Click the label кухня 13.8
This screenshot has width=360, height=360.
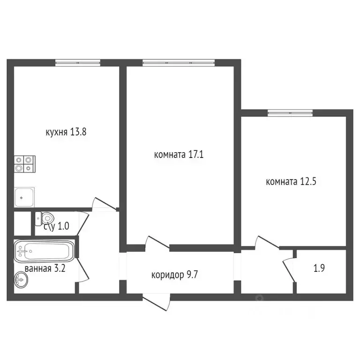(x=66, y=132)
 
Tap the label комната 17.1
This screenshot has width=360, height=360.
(x=179, y=154)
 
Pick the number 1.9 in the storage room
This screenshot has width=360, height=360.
(x=320, y=269)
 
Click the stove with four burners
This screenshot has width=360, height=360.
(x=24, y=165)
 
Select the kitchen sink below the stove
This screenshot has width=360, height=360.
(x=24, y=197)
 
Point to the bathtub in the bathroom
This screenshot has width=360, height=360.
(x=43, y=251)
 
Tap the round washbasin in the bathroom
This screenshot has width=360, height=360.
(x=21, y=280)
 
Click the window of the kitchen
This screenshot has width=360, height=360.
(x=78, y=62)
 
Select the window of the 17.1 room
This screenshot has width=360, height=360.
(x=179, y=62)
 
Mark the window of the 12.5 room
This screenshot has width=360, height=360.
(x=290, y=112)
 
